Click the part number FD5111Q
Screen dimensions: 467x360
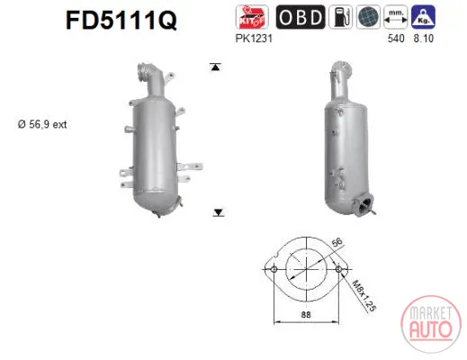click(x=121, y=20)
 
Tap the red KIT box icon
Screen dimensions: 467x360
click(x=252, y=17)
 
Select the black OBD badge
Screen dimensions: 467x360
click(x=301, y=17)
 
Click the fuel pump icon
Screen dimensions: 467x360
click(x=340, y=17)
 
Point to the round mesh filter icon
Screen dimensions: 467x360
click(x=368, y=17)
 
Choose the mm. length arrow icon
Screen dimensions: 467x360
click(x=396, y=17)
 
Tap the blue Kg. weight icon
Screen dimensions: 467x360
click(x=423, y=17)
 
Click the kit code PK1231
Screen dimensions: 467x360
click(x=254, y=39)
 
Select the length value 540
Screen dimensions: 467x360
click(x=396, y=39)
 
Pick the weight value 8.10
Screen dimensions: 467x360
click(x=424, y=39)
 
